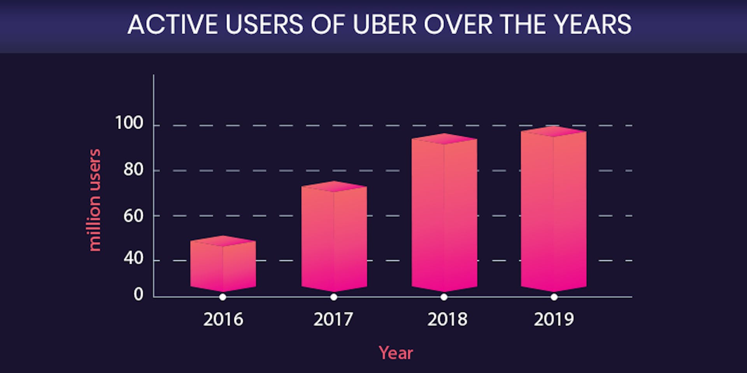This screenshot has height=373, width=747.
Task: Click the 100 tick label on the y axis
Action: pyautogui.click(x=129, y=123)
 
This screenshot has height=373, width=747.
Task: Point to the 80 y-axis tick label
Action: pyautogui.click(x=133, y=170)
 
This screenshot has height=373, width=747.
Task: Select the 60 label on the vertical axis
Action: pyautogui.click(x=133, y=216)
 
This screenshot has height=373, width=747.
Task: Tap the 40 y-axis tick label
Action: pyautogui.click(x=133, y=258)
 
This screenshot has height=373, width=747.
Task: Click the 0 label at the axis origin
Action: pyautogui.click(x=139, y=295)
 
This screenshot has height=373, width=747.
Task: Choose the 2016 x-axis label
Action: pyautogui.click(x=223, y=319)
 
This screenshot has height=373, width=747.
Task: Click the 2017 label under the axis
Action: pyautogui.click(x=333, y=319)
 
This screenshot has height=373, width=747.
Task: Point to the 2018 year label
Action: pyautogui.click(x=447, y=319)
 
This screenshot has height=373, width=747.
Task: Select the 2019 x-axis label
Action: pyautogui.click(x=554, y=319)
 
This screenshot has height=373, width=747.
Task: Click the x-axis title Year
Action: pyautogui.click(x=396, y=353)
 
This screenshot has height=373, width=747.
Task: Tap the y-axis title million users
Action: pyautogui.click(x=95, y=200)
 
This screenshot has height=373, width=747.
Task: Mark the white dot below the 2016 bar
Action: pyautogui.click(x=223, y=297)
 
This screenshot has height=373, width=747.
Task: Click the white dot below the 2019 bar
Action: pyautogui.click(x=554, y=297)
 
